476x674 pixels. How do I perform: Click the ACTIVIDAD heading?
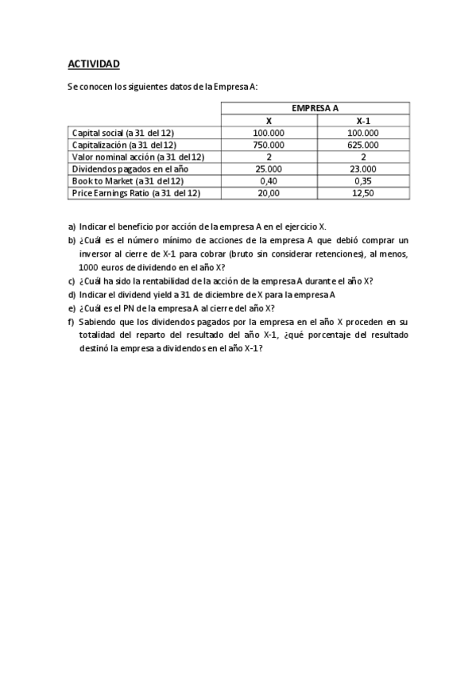pos(93,63)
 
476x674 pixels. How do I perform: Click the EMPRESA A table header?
pos(315,108)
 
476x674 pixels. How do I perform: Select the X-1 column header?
pos(363,121)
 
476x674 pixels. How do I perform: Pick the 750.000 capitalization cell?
pos(269,145)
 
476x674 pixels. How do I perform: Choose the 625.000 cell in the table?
pos(363,145)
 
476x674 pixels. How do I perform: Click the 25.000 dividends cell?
pos(269,168)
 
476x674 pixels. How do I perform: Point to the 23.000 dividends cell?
pos(363,168)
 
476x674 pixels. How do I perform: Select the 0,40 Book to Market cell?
pos(269,180)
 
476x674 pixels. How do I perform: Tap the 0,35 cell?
pos(363,180)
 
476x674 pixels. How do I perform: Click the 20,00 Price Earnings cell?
pos(269,192)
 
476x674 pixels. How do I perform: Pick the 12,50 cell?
pos(363,192)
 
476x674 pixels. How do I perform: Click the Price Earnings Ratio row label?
pos(136,192)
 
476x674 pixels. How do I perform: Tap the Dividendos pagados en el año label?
pos(132,168)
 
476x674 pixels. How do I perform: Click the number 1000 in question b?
pos(88,268)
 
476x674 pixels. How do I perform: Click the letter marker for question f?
pos(72,322)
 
